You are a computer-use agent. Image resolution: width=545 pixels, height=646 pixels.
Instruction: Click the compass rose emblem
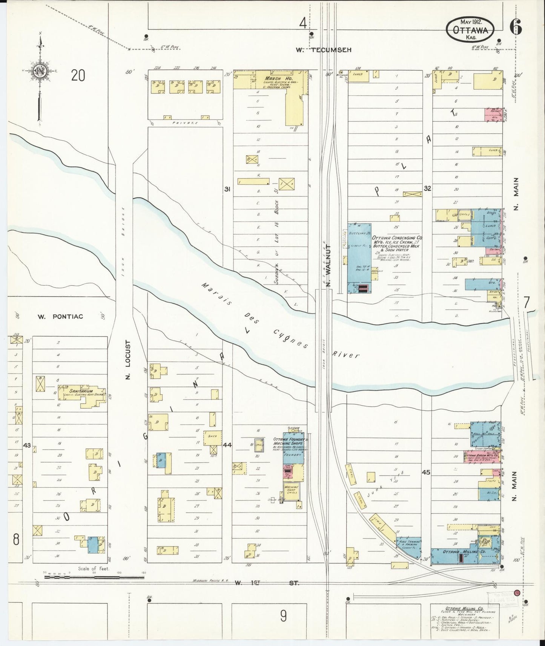(39, 70)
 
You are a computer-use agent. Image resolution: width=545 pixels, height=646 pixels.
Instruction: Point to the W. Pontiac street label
(60, 317)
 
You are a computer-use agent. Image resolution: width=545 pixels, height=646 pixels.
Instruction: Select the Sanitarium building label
(74, 391)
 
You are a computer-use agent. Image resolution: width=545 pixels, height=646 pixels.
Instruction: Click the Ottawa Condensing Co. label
(397, 238)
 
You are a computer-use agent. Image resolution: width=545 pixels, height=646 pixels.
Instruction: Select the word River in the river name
(346, 355)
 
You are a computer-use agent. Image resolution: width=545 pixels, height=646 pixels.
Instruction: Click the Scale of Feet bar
(94, 577)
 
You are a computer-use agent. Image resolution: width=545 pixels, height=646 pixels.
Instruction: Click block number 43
(26, 445)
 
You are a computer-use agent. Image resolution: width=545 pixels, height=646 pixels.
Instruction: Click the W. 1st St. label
(266, 583)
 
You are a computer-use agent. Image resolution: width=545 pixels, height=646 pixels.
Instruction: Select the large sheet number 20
(78, 75)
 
